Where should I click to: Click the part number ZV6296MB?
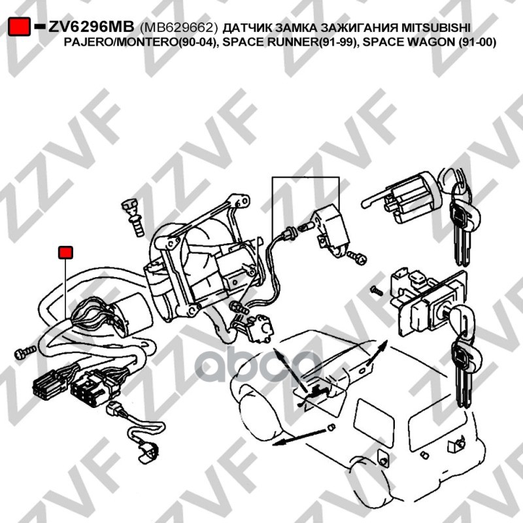click(x=91, y=27)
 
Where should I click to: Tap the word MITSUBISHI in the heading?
click(x=435, y=27)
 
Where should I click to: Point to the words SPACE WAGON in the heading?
click(x=408, y=42)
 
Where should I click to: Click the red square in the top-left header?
click(x=20, y=27)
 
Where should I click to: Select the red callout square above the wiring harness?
click(x=65, y=252)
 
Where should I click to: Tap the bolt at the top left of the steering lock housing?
click(x=134, y=218)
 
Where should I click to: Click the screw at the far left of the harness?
click(x=25, y=352)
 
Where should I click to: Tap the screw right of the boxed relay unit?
click(x=357, y=258)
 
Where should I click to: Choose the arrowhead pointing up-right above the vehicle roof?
click(x=383, y=346)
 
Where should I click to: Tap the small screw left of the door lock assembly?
click(x=377, y=290)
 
